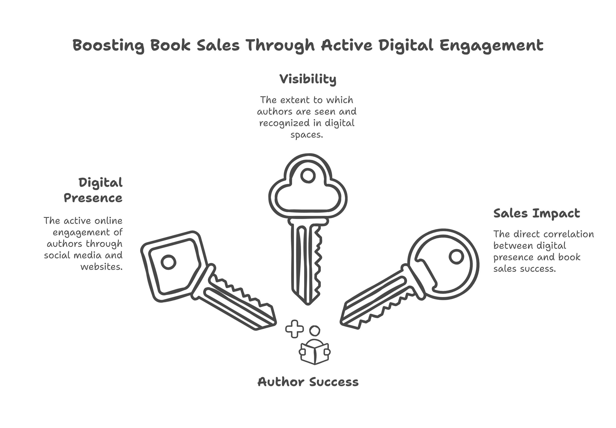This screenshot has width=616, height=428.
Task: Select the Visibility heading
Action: [308, 79]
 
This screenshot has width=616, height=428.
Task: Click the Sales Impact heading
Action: [537, 214]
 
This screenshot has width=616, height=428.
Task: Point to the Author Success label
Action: [308, 382]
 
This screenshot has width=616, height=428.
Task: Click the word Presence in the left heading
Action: [93, 198]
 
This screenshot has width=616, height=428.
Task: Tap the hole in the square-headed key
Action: [168, 261]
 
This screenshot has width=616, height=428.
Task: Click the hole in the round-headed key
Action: [456, 256]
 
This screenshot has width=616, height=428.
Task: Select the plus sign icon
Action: [294, 329]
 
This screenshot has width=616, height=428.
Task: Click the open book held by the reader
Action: [315, 352]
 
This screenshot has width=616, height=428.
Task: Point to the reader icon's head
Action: [315, 330]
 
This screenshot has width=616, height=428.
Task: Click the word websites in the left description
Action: [102, 267]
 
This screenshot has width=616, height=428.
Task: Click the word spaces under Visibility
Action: [307, 135]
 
